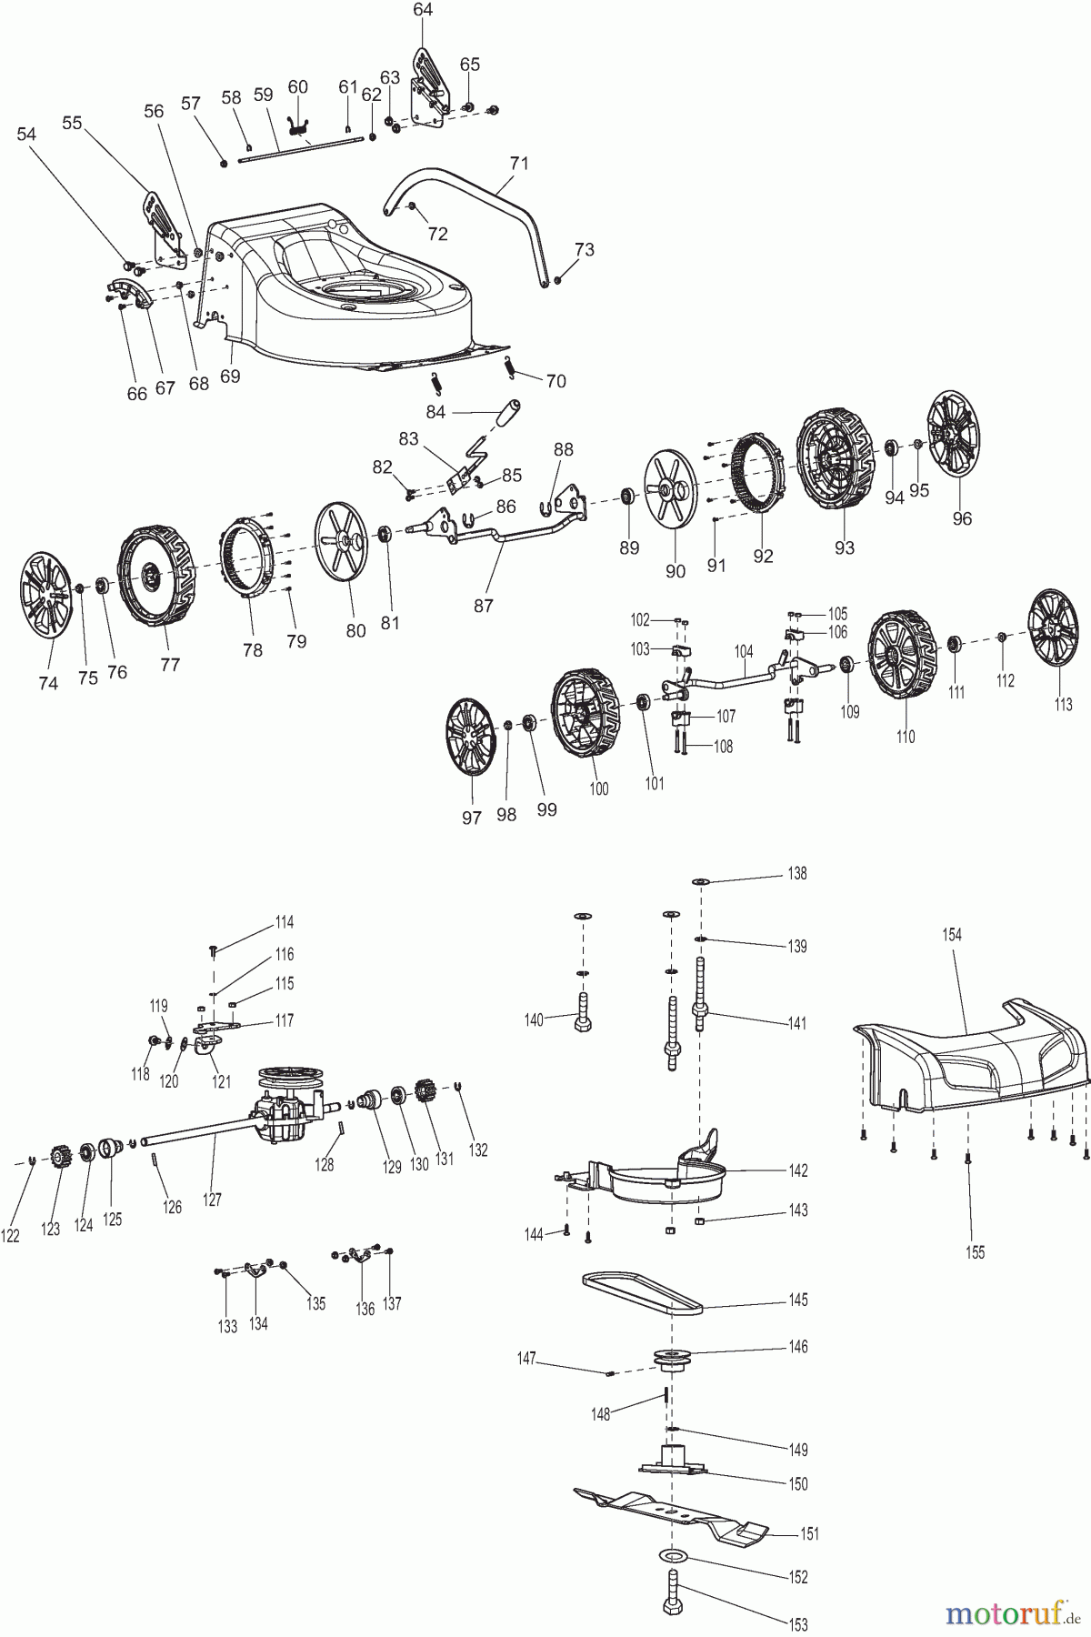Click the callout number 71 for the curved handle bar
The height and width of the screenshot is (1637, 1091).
518,164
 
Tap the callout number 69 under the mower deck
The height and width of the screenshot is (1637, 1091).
230,376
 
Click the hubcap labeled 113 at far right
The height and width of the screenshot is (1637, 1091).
1054,628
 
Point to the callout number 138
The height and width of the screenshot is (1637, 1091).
796,873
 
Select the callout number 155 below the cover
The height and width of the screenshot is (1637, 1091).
975,1251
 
